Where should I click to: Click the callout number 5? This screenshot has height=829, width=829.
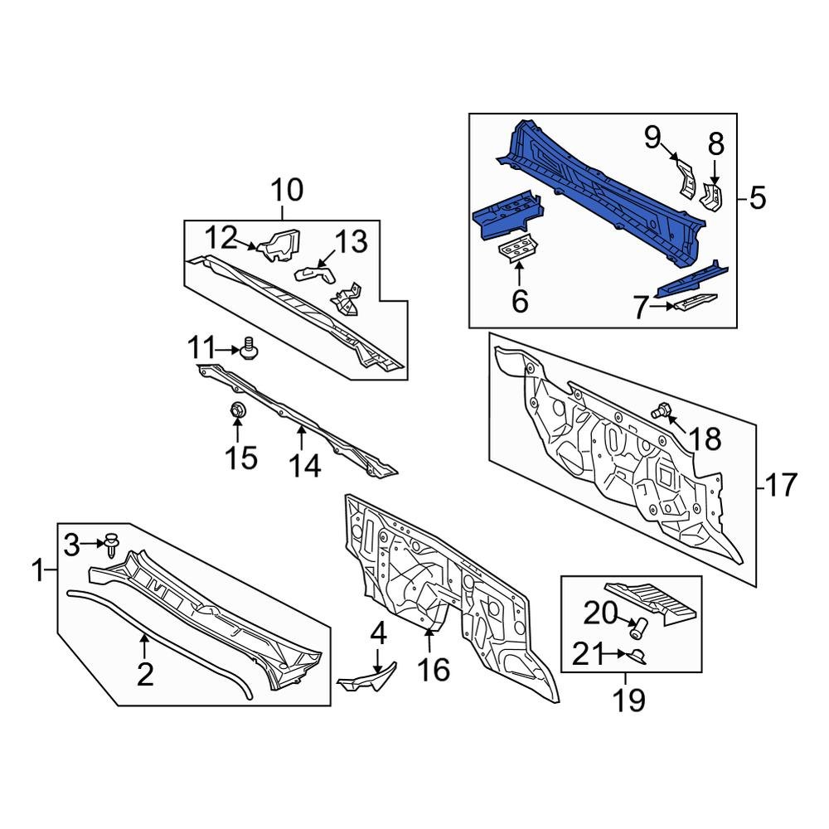click(x=757, y=198)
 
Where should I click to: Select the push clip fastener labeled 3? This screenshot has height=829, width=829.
click(x=111, y=543)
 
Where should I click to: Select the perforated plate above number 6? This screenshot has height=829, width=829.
click(x=518, y=248)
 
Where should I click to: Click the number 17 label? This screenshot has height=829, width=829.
click(x=780, y=485)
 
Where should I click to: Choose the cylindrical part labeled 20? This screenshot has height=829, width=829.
click(x=639, y=628)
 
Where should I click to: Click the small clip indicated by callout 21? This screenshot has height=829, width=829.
click(x=639, y=657)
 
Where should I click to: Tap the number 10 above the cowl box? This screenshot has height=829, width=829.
click(x=286, y=191)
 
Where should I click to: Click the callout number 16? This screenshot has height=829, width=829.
click(x=434, y=669)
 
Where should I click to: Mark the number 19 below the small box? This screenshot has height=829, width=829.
click(x=629, y=701)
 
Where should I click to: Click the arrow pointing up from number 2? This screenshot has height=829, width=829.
click(x=145, y=644)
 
